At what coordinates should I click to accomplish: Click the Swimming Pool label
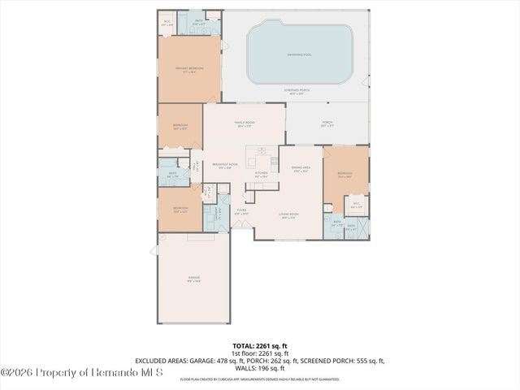pyautogui.click(x=300, y=54)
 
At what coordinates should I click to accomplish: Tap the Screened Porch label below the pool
pyautogui.click(x=300, y=91)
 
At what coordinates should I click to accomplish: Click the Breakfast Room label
pyautogui.click(x=225, y=165)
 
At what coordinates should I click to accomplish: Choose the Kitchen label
pyautogui.click(x=261, y=174)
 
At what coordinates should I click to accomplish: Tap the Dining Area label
pyautogui.click(x=301, y=168)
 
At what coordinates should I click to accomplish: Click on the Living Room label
pyautogui.click(x=288, y=215)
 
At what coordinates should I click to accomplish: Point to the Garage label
pyautogui.click(x=194, y=278)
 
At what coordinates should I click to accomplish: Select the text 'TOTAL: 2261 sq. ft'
pyautogui.click(x=259, y=346)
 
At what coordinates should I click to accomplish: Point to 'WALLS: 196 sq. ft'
pyautogui.click(x=259, y=368)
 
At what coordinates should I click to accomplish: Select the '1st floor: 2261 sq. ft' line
pyautogui.click(x=259, y=353)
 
